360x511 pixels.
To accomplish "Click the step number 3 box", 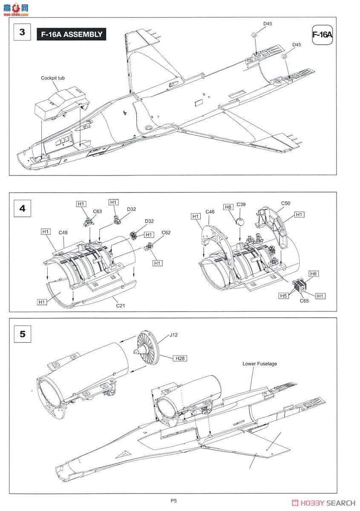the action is (x=22, y=32).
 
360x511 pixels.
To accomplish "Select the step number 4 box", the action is (x=22, y=208).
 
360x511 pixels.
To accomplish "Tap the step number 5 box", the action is (x=23, y=334).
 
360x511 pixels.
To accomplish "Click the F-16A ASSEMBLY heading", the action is (x=72, y=34).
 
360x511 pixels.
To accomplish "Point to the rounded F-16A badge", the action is (x=322, y=34).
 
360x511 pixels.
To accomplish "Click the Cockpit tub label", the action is (x=53, y=78).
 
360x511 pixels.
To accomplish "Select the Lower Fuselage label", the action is (x=259, y=364).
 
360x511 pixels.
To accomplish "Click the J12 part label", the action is (x=173, y=335).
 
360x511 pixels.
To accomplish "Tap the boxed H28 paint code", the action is (x=180, y=359).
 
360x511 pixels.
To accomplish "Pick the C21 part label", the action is (x=121, y=306).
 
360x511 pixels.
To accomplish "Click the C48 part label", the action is (x=63, y=233).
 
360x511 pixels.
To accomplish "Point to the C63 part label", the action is (x=97, y=212).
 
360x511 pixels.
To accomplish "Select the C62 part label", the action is (x=166, y=233).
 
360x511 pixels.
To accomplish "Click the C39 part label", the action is (x=241, y=204).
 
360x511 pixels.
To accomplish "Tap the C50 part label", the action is (x=285, y=203).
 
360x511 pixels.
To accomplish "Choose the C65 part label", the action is (x=304, y=301).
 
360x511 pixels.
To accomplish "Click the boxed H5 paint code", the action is (x=283, y=296).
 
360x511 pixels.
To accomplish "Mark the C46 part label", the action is (x=210, y=212).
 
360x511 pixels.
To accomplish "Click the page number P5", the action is (x=174, y=501).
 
